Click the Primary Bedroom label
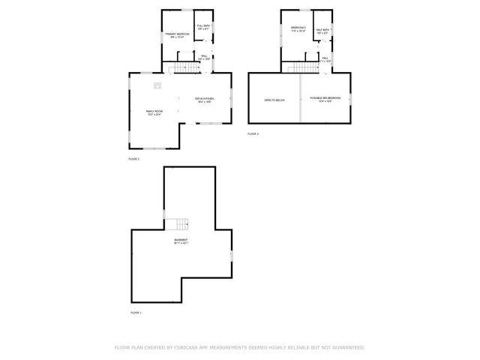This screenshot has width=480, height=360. point(176,35)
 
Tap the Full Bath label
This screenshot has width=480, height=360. point(203,28)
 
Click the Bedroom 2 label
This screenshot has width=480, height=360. point(298,29)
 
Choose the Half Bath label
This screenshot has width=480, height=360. point(322,31)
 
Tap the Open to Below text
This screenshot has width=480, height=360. point(273,99)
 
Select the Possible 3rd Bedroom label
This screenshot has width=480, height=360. point(325,99)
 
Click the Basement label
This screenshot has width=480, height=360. point(181,241)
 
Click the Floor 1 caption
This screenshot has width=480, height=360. point(136,312)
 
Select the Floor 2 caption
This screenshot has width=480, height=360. point(133,159)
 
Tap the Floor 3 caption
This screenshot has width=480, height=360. point(253,133)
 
